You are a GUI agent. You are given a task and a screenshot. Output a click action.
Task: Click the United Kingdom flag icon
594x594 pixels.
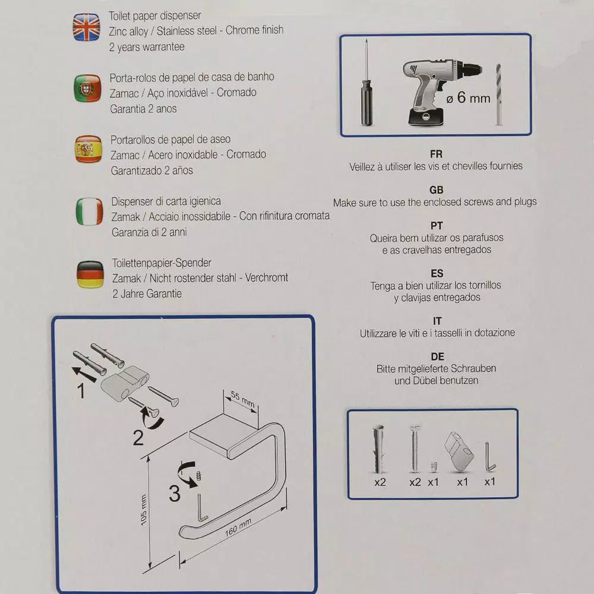(86, 27)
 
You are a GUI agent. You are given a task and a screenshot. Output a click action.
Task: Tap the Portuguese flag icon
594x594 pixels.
(87, 89)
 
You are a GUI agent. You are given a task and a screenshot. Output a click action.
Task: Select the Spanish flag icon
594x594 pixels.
(89, 149)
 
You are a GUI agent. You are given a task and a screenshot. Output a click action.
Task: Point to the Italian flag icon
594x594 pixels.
(90, 211)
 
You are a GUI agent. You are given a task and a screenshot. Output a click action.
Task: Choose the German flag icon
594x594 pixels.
(90, 274)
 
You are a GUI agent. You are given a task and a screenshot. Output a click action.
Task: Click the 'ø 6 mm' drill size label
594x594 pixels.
(468, 98)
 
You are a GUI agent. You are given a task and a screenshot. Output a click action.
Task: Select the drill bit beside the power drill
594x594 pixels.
(498, 94)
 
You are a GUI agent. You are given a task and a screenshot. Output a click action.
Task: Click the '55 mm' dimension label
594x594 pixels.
(243, 400)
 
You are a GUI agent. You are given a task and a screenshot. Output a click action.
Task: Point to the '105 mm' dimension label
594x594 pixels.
(144, 510)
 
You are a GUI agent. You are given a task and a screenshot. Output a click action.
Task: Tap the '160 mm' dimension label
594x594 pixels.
(238, 527)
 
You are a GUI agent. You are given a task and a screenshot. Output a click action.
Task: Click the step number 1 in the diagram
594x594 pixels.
(81, 391)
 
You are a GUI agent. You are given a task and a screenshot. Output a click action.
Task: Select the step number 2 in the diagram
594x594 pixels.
(138, 438)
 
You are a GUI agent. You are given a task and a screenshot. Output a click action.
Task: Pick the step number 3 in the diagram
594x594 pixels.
(175, 494)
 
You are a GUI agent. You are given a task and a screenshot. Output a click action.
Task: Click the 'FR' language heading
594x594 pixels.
(436, 154)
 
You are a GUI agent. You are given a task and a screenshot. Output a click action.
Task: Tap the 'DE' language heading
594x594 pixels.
(437, 357)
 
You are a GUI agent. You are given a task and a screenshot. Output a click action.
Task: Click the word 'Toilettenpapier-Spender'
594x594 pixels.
(162, 263)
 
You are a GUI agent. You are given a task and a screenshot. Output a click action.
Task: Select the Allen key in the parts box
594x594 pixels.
(490, 457)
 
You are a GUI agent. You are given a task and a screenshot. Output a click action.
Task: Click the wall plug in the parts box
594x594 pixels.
(379, 449)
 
